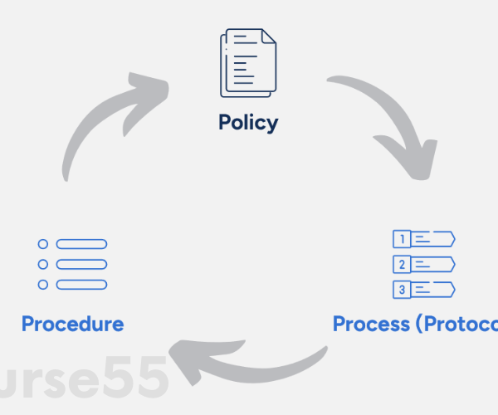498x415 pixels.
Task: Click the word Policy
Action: [248, 123]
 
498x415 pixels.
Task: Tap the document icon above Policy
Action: [248, 63]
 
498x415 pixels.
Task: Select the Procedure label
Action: [72, 324]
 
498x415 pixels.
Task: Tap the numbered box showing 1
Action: [402, 240]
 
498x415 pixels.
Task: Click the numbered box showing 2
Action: [402, 265]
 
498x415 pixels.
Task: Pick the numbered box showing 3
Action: [402, 290]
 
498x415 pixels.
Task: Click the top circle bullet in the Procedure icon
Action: [43, 244]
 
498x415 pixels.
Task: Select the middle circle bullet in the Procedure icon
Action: [43, 264]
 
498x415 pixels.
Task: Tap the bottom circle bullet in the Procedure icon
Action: [43, 285]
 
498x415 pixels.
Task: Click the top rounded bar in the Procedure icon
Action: [81, 244]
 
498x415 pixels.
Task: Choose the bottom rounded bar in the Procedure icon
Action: [81, 285]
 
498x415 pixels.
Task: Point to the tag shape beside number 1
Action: [434, 240]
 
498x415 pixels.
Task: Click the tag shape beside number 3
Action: [434, 290]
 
